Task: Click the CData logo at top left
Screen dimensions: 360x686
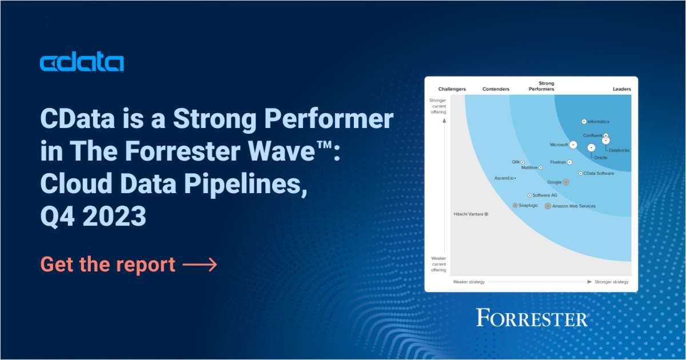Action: [82, 63]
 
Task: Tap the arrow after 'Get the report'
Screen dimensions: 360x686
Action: [200, 265]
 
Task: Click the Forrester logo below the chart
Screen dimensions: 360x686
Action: [532, 318]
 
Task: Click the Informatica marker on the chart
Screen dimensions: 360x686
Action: [584, 121]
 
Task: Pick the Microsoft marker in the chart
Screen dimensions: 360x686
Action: [573, 145]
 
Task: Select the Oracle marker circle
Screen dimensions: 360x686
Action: [591, 148]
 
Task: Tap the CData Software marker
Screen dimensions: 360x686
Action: [580, 173]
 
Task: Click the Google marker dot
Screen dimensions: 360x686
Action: [566, 182]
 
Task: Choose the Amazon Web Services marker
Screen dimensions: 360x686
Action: [548, 206]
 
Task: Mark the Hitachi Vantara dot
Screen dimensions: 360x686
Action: [486, 214]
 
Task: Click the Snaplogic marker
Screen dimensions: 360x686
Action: [515, 205]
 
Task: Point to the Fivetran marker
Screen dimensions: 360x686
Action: [569, 162]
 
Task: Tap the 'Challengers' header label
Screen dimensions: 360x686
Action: [452, 89]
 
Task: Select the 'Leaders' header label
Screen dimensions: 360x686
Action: [622, 89]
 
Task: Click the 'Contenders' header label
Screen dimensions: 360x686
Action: [496, 89]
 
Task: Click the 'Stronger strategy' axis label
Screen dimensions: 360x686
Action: [611, 282]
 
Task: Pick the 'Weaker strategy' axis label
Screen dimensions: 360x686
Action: [468, 282]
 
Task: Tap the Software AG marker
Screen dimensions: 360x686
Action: [529, 195]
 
